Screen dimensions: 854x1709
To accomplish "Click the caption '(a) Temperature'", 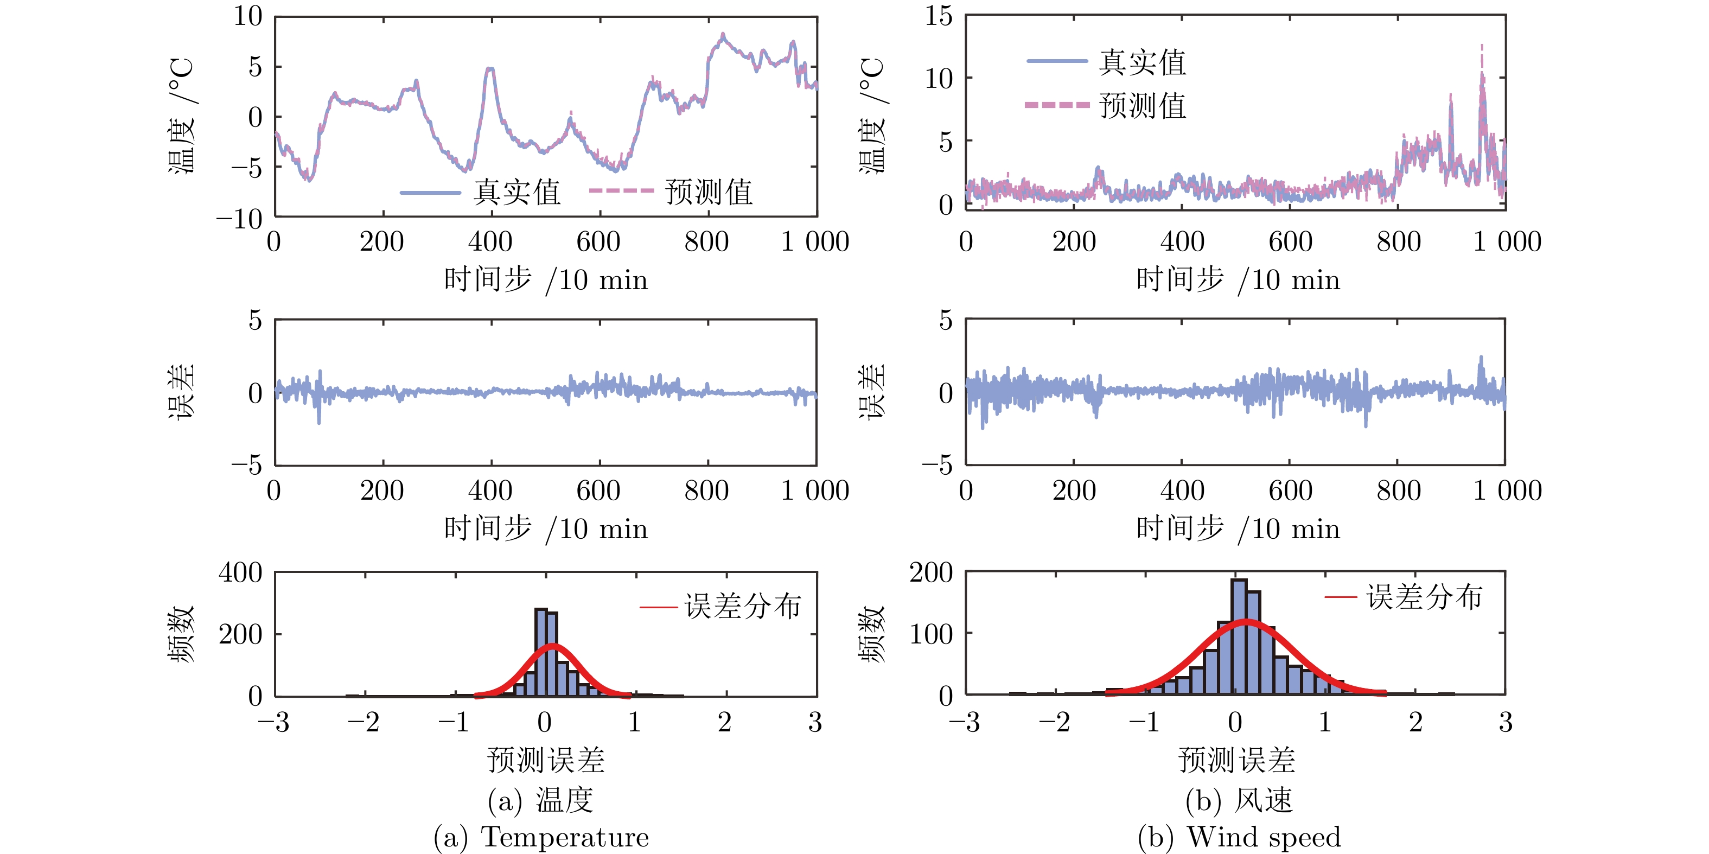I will point(541,837).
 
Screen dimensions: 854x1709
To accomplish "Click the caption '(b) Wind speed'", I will point(1239,837).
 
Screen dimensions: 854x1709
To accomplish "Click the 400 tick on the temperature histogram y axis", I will point(241,572).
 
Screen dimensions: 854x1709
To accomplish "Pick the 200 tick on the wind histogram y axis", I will point(931,572).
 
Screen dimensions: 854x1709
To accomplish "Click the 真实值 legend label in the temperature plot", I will point(516,193).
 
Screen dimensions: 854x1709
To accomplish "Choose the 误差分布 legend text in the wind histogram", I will point(1424,597).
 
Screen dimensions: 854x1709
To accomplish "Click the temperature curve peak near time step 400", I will point(489,68).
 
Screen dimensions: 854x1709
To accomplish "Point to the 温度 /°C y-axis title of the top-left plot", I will point(181,116).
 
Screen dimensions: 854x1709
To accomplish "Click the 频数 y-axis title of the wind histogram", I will point(872,634).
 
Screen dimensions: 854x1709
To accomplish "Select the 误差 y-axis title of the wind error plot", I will point(872,392).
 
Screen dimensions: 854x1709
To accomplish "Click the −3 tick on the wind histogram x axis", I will point(965,722).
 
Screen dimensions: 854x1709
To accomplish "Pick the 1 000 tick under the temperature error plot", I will point(815,491).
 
